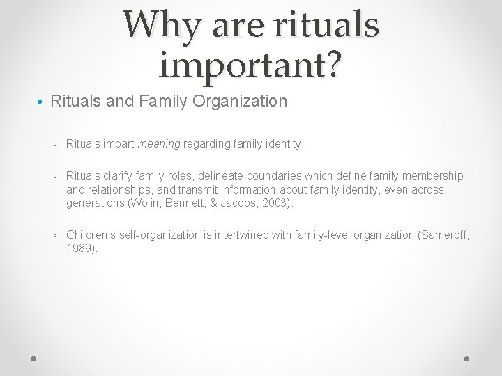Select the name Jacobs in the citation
pyautogui.click(x=248, y=203)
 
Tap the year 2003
pyautogui.click(x=281, y=203)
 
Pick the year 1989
pyautogui.click(x=82, y=249)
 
